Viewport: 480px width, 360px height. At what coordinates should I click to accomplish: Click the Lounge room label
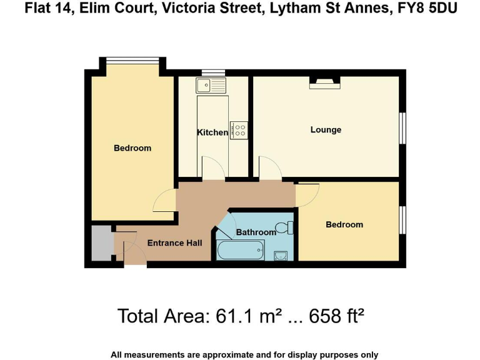[326, 130]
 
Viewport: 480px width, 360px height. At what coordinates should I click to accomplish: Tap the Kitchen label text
[212, 132]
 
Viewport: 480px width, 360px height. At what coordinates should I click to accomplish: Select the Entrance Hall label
[174, 243]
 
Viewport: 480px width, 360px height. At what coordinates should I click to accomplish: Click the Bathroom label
[256, 232]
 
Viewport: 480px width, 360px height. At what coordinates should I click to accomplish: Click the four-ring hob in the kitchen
[239, 130]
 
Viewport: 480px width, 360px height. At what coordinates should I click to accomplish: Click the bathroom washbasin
[281, 255]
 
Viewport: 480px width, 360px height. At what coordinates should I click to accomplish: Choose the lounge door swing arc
[270, 167]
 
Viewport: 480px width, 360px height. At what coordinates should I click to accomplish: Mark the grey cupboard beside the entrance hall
[100, 244]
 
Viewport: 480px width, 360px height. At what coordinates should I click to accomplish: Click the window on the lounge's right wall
[403, 128]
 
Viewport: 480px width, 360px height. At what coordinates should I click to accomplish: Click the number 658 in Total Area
[320, 316]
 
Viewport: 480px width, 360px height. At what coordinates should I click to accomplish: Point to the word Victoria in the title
[190, 9]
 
